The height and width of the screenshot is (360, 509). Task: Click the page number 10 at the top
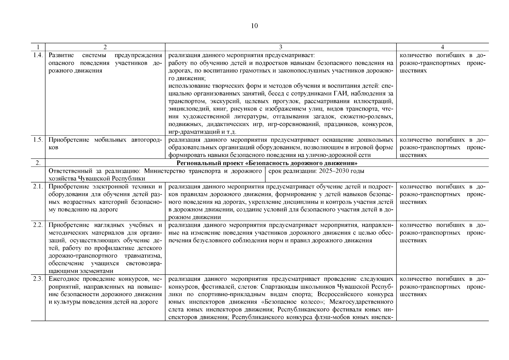pyautogui.click(x=254, y=26)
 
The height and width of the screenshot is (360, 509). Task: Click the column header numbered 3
pyautogui.click(x=280, y=47)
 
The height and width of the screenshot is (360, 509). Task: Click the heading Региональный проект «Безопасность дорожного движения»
pyautogui.click(x=267, y=163)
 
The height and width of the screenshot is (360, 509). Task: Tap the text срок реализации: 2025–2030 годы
pyautogui.click(x=316, y=171)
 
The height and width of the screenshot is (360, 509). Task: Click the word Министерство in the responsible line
pyautogui.click(x=160, y=171)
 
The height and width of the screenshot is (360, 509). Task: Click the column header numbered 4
pyautogui.click(x=442, y=47)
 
